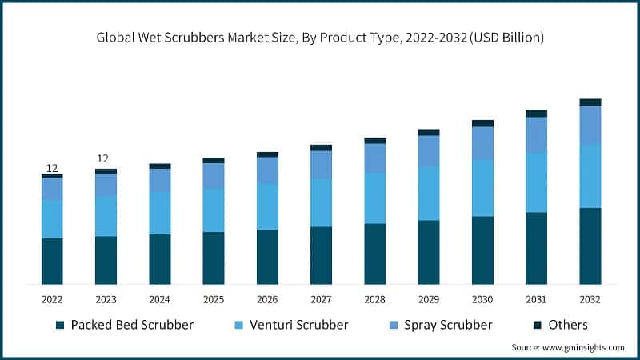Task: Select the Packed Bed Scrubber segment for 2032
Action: pos(590,246)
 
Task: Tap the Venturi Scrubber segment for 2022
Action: pos(52,218)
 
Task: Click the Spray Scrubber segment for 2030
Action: pos(482,142)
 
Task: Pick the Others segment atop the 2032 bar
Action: pos(590,102)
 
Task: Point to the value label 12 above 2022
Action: pos(52,168)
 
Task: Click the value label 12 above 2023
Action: pos(103,158)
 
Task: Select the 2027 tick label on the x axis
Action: pos(321,298)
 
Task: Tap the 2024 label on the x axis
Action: pos(159,298)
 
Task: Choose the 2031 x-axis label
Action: pos(536,298)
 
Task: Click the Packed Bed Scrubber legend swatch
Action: pos(60,326)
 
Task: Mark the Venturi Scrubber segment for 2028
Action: pos(374,198)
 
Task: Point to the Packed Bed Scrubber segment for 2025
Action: pos(214,258)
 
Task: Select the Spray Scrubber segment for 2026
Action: pos(267,170)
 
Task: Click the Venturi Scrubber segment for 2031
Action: pos(536,182)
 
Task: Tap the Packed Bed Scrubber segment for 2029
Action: pos(429,252)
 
